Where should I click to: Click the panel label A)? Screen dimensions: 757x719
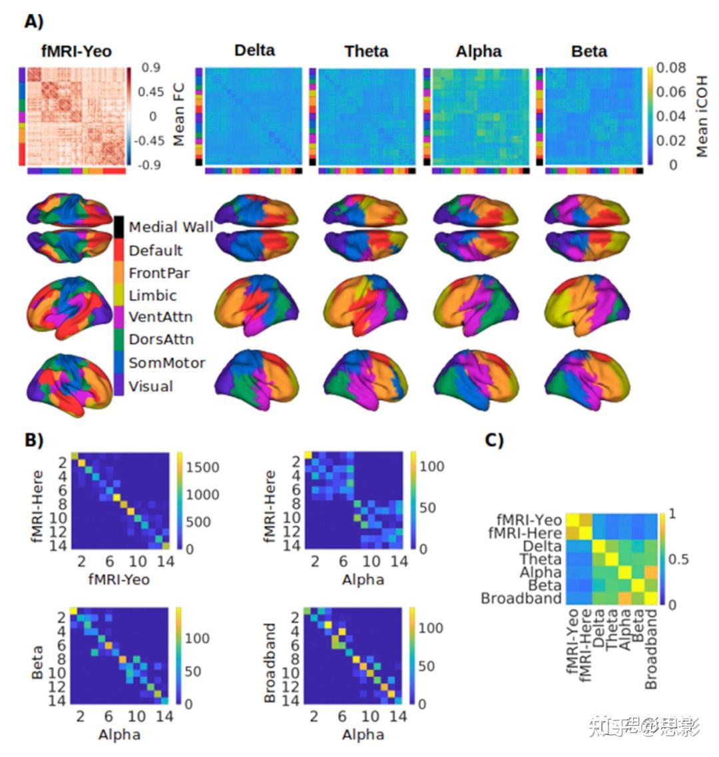(34, 21)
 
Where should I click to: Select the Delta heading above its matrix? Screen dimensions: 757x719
(254, 51)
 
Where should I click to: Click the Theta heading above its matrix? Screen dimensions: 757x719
(367, 51)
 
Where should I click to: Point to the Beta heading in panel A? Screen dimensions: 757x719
(589, 51)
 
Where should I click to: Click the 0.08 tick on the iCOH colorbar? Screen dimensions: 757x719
(671, 67)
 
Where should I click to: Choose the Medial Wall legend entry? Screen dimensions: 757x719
(170, 227)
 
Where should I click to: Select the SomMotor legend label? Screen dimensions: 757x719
(166, 363)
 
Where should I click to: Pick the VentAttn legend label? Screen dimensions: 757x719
(160, 317)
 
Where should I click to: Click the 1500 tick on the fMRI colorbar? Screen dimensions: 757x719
(202, 467)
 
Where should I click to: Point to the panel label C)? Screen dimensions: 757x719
(493, 439)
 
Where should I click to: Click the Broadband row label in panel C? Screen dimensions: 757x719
(521, 598)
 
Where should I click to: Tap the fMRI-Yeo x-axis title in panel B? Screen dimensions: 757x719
(119, 579)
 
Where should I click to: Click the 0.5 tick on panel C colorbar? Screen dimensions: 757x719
(680, 559)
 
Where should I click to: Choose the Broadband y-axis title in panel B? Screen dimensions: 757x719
(270, 662)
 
